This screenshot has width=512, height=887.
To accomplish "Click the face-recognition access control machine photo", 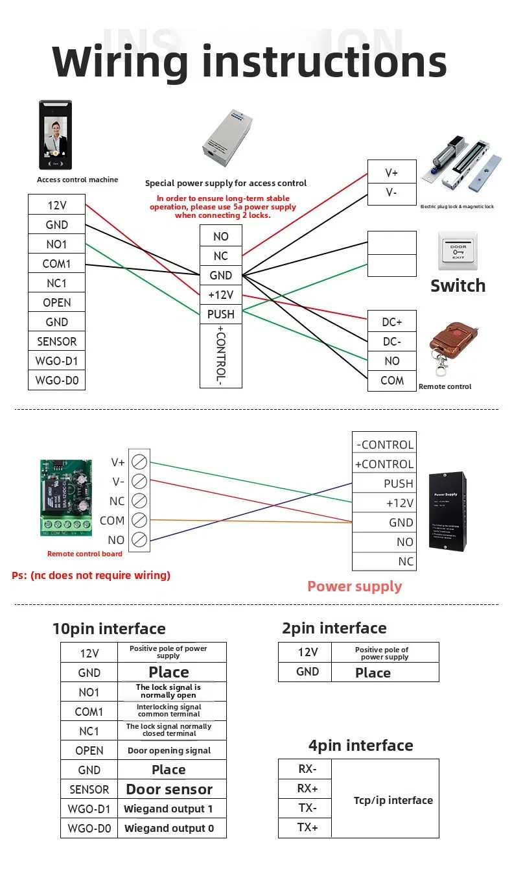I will tap(55, 134).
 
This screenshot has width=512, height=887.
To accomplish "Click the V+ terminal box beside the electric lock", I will tap(391, 172).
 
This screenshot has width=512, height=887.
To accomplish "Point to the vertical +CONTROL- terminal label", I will tap(220, 356).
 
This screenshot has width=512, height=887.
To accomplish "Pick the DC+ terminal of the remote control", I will tap(391, 322).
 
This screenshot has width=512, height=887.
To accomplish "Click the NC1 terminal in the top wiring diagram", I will tap(56, 283).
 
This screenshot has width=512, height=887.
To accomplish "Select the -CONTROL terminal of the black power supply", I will tap(384, 444).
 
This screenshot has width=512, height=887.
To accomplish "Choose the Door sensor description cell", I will tap(169, 789).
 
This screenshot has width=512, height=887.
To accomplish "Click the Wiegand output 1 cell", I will tap(169, 809).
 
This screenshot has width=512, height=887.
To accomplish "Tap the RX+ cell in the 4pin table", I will tap(307, 788).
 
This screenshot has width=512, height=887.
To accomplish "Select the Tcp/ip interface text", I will tap(393, 800).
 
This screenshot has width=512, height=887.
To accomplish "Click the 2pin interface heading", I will tap(334, 628).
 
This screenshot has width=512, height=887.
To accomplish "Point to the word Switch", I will tap(458, 286).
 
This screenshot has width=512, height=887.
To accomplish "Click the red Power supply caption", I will tap(355, 586).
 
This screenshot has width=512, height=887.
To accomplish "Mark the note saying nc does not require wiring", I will tap(91, 575).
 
